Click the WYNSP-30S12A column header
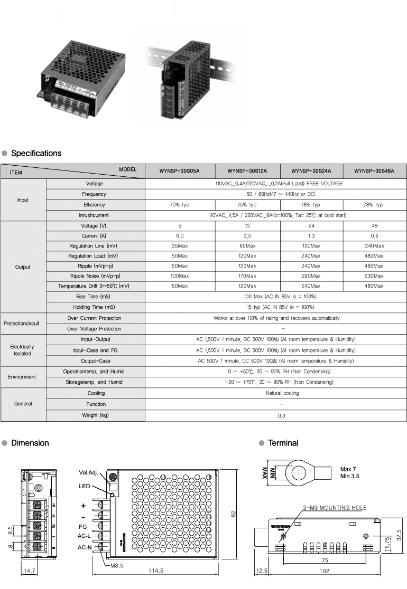247,171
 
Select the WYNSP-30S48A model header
374,171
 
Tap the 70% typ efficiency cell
180,205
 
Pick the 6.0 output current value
180,236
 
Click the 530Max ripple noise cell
374,276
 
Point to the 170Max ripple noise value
247,276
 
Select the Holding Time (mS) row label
95,307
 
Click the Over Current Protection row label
95,318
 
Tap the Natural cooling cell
275,393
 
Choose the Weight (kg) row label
95,416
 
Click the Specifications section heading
36,154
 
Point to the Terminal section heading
283,443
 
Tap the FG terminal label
83,527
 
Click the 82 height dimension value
233,514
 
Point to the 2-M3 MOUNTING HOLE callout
334,508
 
